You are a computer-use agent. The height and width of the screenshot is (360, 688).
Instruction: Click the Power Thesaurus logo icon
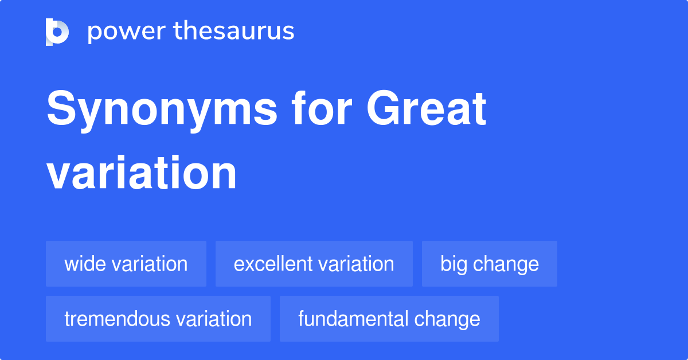(57, 32)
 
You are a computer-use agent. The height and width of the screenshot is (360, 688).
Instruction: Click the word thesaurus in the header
(234, 32)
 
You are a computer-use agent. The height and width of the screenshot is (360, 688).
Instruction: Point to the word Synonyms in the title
(162, 110)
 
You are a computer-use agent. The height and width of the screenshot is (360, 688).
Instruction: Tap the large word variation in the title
(142, 173)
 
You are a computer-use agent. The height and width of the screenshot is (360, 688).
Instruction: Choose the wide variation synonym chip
(126, 264)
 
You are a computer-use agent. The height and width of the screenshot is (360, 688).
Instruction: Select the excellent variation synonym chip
(314, 264)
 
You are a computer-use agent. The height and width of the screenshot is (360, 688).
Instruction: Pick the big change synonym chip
(489, 264)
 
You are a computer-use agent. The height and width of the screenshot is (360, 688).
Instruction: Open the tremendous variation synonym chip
(158, 319)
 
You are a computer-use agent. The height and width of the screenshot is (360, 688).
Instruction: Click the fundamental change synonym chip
(389, 319)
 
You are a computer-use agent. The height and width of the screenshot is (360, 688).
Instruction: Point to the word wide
(84, 264)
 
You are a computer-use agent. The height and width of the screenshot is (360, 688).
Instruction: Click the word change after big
(506, 264)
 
